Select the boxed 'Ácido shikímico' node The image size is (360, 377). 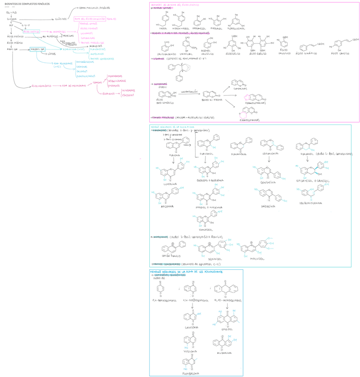pos(31,32)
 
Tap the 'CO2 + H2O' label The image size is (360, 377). pos(11,13)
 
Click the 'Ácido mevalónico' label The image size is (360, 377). pos(42,86)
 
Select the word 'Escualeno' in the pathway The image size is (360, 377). pos(108,93)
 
